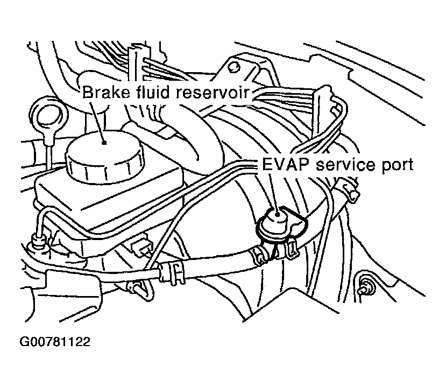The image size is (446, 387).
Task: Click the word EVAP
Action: pos(282,164)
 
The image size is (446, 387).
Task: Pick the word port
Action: pos(398,165)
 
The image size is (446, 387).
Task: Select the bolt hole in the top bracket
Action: pos(233,67)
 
